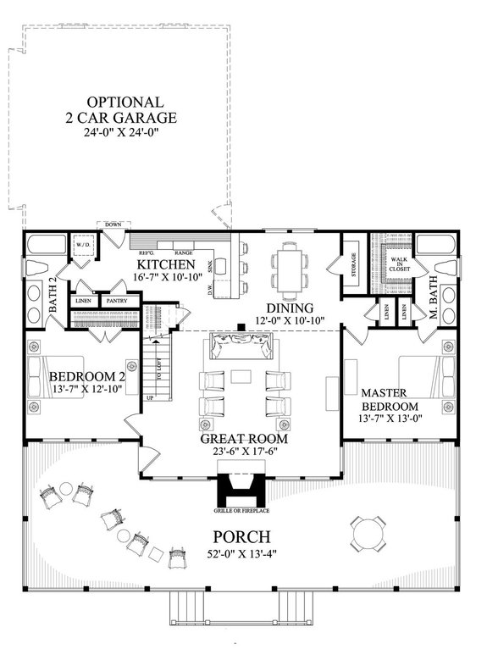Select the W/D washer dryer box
(x=83, y=246)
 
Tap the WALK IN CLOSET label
(x=396, y=265)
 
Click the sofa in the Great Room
(x=243, y=347)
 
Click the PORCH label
(x=243, y=536)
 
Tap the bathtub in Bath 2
(x=44, y=247)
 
